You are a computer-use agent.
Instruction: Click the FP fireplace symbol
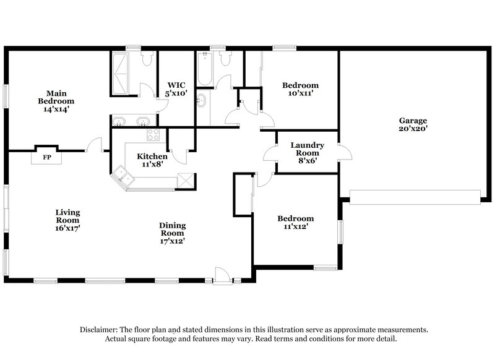(x=46, y=156)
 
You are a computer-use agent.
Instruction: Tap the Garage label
(x=413, y=121)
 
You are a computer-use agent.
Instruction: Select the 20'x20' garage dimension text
(x=413, y=129)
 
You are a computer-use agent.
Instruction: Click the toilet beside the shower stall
(x=147, y=59)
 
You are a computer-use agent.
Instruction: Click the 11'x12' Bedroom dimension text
(x=295, y=227)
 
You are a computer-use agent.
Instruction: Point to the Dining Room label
(x=172, y=229)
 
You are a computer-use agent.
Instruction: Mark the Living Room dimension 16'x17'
(x=67, y=228)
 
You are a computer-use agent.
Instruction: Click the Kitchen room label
(x=152, y=156)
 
